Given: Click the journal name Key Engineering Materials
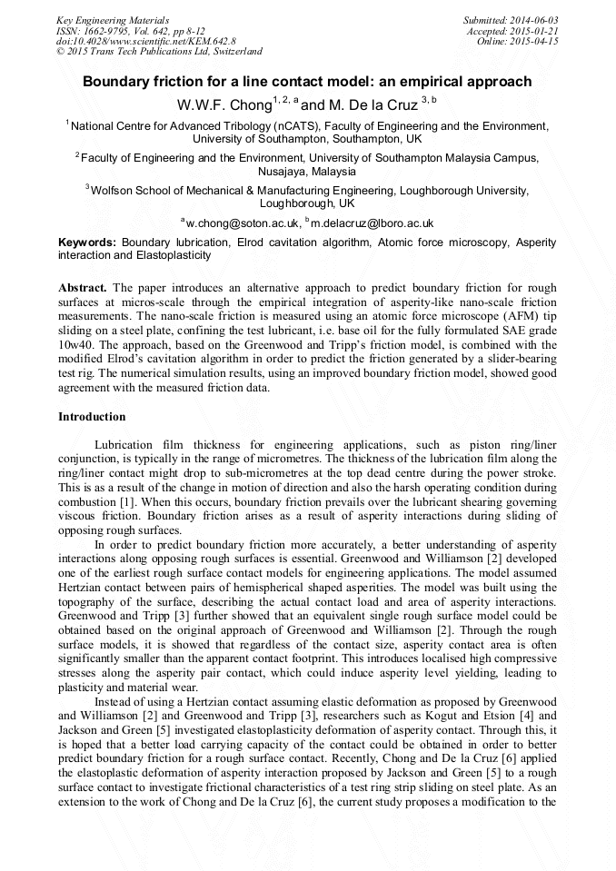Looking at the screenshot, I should [113, 19].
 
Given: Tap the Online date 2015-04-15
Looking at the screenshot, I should [534, 41].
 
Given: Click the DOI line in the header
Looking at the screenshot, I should [146, 41].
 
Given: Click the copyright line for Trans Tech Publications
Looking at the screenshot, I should [159, 52].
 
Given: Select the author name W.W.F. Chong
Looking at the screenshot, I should [220, 104].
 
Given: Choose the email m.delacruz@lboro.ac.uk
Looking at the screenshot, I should [372, 223].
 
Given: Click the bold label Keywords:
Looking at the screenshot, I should [87, 243].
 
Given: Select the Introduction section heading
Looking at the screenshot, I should [92, 417].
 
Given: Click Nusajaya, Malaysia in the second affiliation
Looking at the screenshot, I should [307, 171].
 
